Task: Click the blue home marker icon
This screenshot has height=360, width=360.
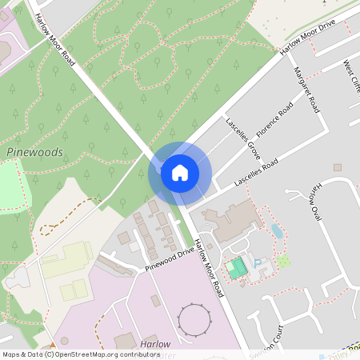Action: (x=180, y=173)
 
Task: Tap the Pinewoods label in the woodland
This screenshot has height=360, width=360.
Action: (x=34, y=152)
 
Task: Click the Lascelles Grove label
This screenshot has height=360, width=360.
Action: (x=242, y=134)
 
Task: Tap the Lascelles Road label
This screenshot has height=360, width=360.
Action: (x=255, y=173)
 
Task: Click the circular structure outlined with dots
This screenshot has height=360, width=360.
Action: (x=195, y=319)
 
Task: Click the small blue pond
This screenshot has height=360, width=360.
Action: (x=276, y=231)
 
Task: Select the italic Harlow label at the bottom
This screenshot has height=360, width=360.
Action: (x=154, y=344)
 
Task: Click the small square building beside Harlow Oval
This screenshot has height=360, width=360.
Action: (x=338, y=167)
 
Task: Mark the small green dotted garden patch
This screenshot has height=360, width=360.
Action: (x=283, y=261)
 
